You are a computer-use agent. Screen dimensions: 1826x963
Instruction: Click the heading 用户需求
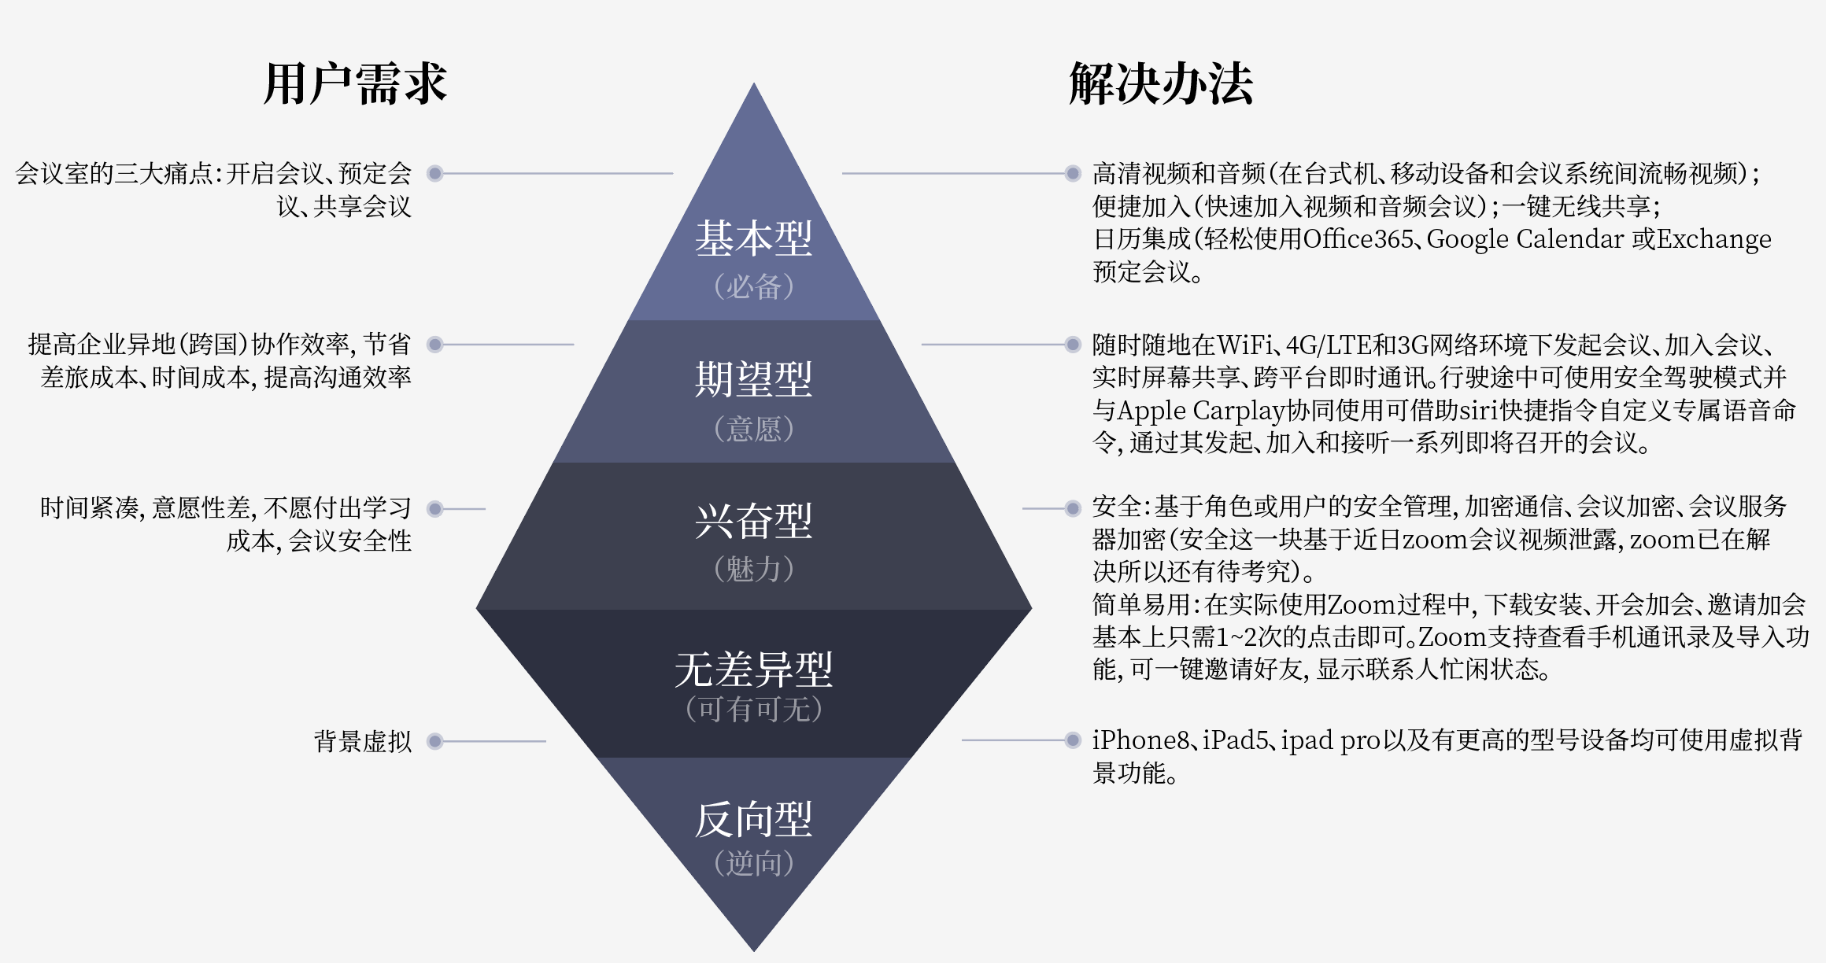355,83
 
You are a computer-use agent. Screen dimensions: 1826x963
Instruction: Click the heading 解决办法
1160,83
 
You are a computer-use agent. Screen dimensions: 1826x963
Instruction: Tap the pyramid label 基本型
753,238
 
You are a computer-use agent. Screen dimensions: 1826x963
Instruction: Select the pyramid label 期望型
753,379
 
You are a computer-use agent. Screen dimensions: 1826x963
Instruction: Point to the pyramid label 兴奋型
753,521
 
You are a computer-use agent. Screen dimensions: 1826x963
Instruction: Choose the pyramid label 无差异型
753,669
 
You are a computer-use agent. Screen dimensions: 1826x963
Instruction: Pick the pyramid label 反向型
753,820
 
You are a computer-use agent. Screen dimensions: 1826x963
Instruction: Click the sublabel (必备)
753,286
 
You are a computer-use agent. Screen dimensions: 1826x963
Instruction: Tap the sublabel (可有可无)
753,709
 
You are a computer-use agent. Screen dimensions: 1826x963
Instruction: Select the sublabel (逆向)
753,863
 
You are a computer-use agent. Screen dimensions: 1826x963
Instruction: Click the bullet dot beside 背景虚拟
434,741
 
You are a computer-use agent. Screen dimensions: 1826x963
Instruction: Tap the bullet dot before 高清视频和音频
1072,173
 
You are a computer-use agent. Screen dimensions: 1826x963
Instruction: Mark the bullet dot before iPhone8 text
1072,740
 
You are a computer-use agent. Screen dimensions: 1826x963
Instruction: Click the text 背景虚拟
363,741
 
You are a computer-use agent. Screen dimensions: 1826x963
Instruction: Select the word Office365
1358,239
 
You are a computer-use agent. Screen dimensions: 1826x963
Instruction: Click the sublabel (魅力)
753,569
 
